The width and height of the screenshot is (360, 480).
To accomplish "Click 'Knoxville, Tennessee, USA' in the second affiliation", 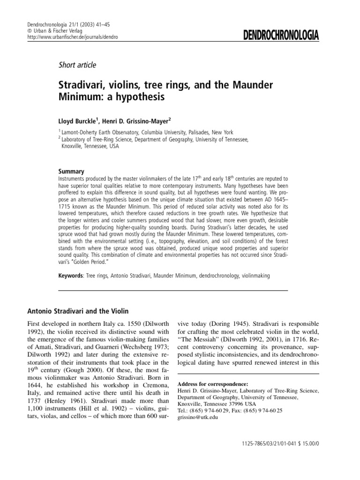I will pos(90,146).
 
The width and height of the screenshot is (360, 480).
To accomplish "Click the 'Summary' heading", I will pos(71,172).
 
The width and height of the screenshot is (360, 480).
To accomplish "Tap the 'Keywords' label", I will pos(71,276).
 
